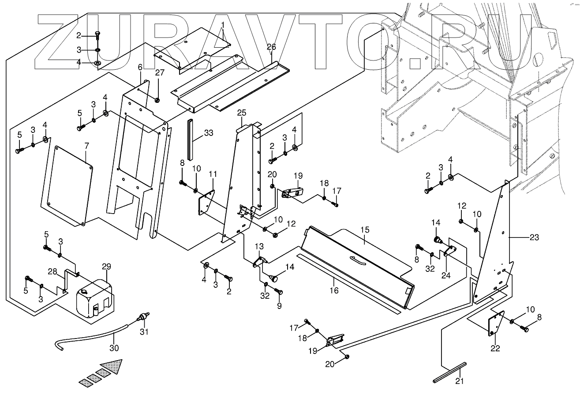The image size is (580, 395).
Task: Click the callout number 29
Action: pos(106,266)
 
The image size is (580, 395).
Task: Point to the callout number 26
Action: pos(271,47)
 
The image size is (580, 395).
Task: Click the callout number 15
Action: pos(364,229)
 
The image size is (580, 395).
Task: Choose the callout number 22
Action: pos(495,348)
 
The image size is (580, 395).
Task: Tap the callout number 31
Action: pos(142,331)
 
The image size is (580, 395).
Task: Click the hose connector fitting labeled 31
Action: pos(141,317)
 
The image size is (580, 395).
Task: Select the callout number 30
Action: pos(115,348)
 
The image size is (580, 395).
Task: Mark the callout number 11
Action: pos(213,173)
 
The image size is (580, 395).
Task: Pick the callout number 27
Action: pos(159,72)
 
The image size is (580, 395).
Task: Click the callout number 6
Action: pos(140,67)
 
